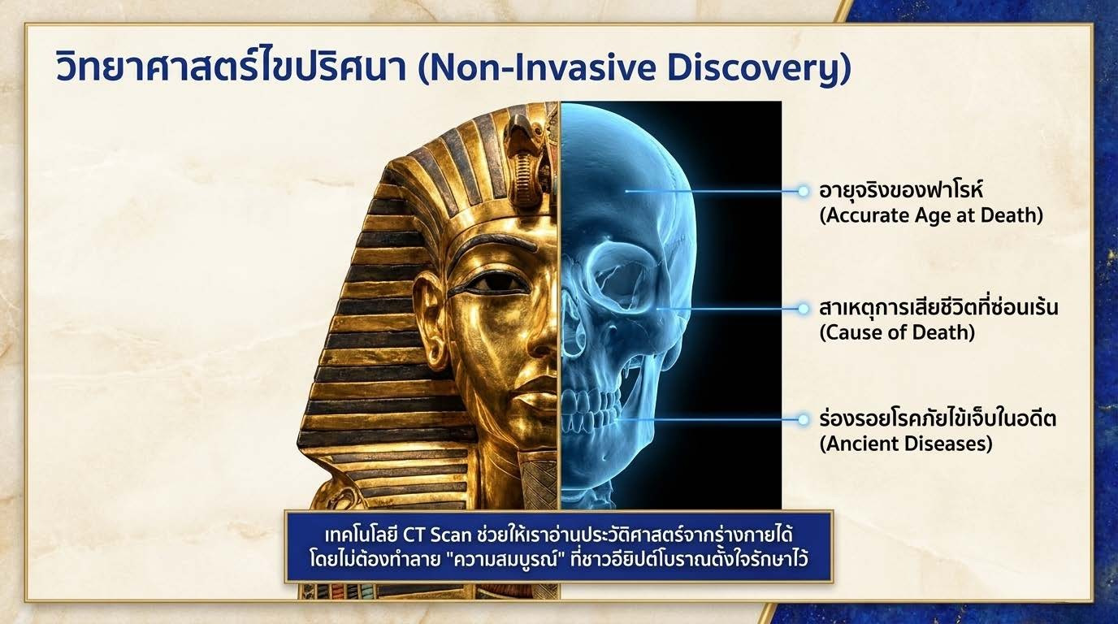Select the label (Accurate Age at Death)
(x=931, y=215)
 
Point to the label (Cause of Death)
(x=897, y=332)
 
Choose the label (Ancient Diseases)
(x=906, y=444)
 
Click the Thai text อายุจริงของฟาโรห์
(x=901, y=190)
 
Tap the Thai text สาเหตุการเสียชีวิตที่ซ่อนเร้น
(x=938, y=306)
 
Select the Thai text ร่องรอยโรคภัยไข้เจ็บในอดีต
(x=938, y=418)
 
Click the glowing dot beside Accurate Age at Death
(x=803, y=191)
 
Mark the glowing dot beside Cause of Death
(x=803, y=309)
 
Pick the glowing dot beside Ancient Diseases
(x=803, y=420)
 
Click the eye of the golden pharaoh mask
(x=491, y=284)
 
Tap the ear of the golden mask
(x=431, y=319)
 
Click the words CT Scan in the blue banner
(x=437, y=535)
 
